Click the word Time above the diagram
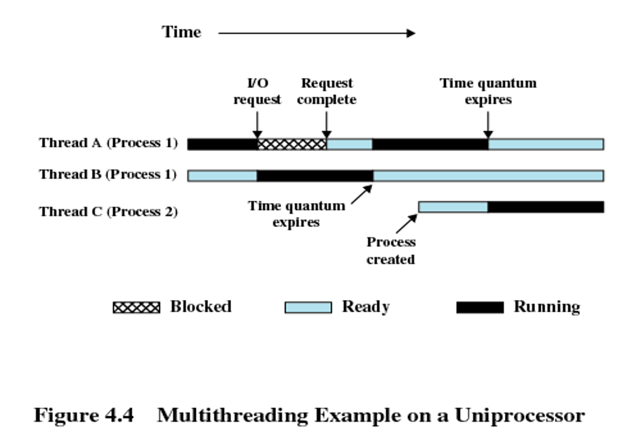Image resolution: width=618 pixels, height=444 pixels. click(181, 32)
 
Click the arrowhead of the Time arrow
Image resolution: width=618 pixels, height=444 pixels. click(411, 33)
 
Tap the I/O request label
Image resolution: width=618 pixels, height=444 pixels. click(257, 91)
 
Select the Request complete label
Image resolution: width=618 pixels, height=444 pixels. click(327, 91)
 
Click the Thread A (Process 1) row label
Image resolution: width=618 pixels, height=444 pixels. click(108, 143)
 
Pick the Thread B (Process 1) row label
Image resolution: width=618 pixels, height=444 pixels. click(108, 174)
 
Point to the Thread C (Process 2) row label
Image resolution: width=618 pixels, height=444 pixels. click(108, 211)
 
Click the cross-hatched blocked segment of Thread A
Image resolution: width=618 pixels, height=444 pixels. click(291, 144)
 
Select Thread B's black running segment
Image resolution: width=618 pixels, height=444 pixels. click(315, 176)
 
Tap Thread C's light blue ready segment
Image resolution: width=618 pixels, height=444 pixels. click(453, 207)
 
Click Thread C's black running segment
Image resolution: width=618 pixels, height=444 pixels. click(546, 207)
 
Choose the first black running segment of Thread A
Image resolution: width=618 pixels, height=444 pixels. click(223, 144)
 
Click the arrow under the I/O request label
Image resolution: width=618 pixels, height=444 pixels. click(257, 125)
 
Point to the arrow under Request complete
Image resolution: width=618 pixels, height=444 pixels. click(327, 125)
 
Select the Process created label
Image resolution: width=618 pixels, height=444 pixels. click(390, 251)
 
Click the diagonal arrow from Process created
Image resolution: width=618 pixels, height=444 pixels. click(407, 223)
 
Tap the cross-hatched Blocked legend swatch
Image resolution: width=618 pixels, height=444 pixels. click(136, 308)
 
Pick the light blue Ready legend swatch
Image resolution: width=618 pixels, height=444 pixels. click(308, 308)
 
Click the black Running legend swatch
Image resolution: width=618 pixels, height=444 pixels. click(480, 308)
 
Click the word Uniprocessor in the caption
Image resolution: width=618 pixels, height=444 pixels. click(520, 416)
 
